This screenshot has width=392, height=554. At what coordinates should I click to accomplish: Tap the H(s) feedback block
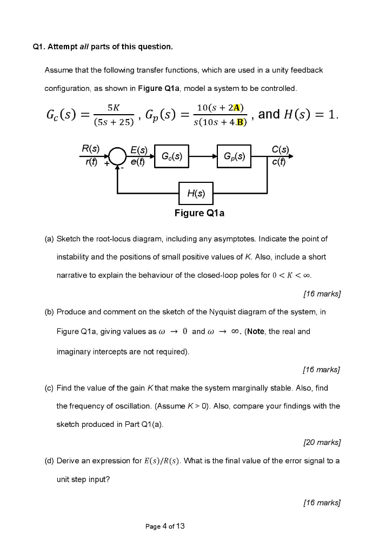click(x=195, y=193)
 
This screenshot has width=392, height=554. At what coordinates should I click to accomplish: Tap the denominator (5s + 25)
click(x=113, y=122)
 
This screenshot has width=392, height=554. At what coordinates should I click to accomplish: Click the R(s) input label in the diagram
click(x=90, y=148)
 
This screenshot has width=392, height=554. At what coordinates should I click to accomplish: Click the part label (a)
click(x=50, y=239)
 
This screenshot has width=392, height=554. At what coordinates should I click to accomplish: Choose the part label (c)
click(x=50, y=388)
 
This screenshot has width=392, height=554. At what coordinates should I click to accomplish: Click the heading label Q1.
click(x=38, y=47)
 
